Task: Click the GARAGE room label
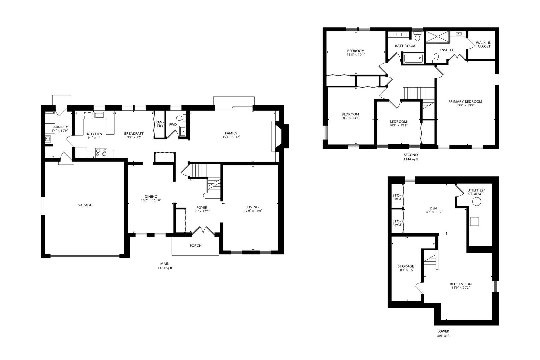(x=85, y=205)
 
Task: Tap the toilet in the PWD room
(x=180, y=118)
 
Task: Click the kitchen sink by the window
(x=99, y=115)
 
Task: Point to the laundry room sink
(x=47, y=139)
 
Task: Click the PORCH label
(x=196, y=246)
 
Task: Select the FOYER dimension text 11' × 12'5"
(x=202, y=211)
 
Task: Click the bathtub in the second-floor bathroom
(x=413, y=59)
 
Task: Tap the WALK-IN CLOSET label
(x=484, y=44)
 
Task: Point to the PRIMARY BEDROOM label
(x=465, y=102)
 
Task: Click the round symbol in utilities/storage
(x=477, y=201)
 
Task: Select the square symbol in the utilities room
(x=474, y=221)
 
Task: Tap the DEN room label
(x=433, y=208)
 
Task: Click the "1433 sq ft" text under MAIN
(x=165, y=268)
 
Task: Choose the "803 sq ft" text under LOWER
(x=443, y=336)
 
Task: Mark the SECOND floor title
(x=410, y=155)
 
